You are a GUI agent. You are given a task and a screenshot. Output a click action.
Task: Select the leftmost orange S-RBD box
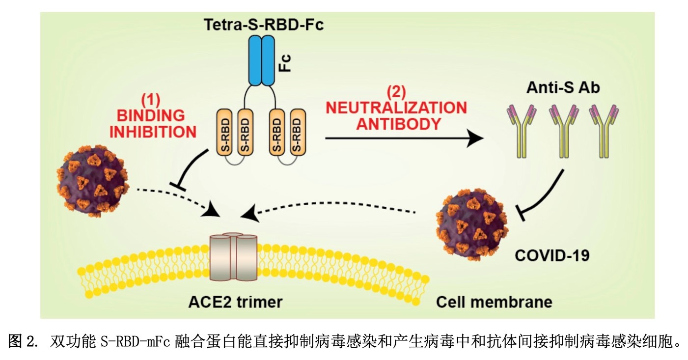(225, 134)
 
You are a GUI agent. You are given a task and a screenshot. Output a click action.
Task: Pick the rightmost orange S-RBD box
(298, 134)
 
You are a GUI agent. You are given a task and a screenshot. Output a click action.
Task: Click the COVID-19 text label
(551, 255)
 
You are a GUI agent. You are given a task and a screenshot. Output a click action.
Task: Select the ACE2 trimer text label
(235, 302)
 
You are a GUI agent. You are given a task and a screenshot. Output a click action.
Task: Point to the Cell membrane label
(494, 302)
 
